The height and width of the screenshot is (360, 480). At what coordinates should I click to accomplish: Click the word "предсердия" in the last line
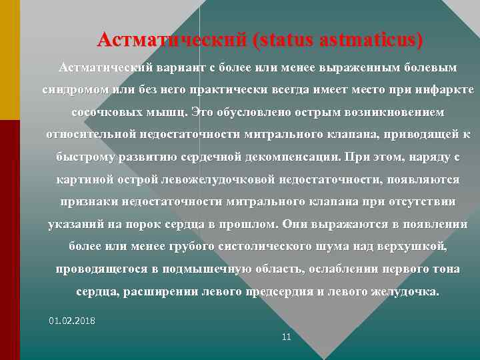tap(285, 292)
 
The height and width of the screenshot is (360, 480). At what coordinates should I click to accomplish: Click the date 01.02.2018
tap(72, 321)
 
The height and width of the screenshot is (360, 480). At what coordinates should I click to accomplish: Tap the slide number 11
tap(287, 337)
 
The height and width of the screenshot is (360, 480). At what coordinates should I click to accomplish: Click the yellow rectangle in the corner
tap(10, 60)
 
